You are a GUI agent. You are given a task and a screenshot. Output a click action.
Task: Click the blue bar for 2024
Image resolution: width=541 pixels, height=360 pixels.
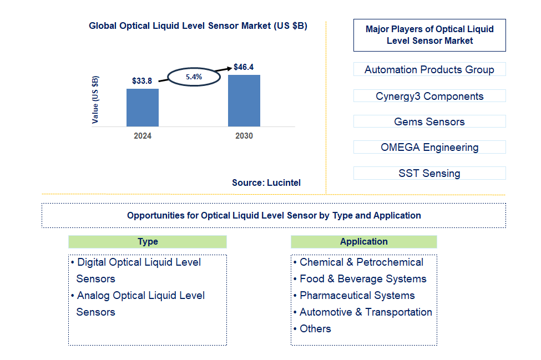coord(143,107)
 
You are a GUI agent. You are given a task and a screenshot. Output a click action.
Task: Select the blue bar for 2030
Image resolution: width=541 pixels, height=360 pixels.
coord(244,100)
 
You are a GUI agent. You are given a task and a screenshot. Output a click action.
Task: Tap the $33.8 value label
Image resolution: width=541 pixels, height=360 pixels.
coord(142,81)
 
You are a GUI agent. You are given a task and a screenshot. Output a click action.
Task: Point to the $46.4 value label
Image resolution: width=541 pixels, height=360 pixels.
coord(244,67)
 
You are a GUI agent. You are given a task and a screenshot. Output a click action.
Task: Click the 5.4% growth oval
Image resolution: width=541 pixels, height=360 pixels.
coord(194,77)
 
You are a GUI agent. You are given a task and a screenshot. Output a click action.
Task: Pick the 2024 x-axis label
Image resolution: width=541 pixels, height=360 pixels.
coord(143,136)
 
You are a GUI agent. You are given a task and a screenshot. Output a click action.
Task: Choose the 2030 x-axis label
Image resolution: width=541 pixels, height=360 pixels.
coord(244,136)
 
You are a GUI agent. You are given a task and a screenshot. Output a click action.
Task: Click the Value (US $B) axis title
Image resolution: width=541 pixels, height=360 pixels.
coord(95,99)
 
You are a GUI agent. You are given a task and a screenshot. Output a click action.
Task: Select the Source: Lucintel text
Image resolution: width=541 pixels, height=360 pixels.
coord(266,182)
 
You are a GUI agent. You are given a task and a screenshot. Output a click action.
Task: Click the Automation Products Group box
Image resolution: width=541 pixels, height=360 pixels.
coord(429,69)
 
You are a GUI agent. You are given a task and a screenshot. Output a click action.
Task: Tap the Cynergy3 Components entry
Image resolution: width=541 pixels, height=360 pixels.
coord(429,96)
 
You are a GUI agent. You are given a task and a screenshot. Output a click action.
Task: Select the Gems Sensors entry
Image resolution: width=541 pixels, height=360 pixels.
coord(429,121)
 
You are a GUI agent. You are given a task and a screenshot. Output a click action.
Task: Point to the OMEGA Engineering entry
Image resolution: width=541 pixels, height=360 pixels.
coord(429,147)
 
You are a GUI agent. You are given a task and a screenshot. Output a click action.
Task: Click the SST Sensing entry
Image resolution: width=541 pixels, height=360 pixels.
coord(429,173)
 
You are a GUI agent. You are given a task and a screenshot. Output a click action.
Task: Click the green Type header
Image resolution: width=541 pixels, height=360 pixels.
coord(148,241)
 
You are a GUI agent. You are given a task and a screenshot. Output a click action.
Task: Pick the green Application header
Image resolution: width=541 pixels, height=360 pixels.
coord(363,241)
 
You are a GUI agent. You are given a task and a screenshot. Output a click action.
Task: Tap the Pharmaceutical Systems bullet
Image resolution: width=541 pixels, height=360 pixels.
coord(357,295)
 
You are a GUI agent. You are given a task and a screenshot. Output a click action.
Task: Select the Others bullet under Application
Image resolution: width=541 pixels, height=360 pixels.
coord(315,328)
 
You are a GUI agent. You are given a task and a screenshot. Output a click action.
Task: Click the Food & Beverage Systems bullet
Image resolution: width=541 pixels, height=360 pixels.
coord(363,278)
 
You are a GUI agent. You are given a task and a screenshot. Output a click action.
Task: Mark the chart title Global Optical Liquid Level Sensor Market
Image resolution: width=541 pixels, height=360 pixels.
coord(198,26)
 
